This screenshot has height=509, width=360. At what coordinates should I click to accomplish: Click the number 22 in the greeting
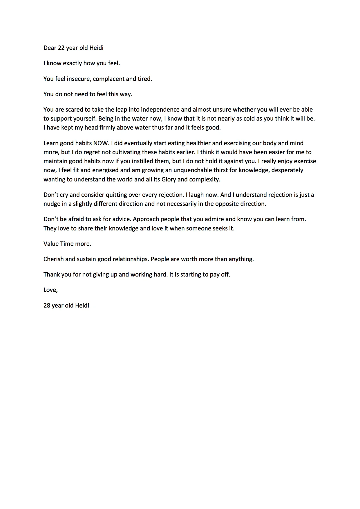click(61, 48)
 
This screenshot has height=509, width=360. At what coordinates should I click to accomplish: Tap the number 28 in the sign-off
click(47, 306)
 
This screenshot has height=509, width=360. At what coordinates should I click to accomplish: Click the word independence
click(160, 110)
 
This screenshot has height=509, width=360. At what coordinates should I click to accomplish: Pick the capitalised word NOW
click(100, 143)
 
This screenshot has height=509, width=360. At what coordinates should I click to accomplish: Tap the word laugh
click(197, 195)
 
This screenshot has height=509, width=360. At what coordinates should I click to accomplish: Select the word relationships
click(131, 259)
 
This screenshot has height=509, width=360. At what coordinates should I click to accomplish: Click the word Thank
click(52, 275)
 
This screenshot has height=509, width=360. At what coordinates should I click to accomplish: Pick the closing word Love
click(50, 290)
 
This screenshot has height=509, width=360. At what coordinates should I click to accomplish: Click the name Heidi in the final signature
click(82, 306)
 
